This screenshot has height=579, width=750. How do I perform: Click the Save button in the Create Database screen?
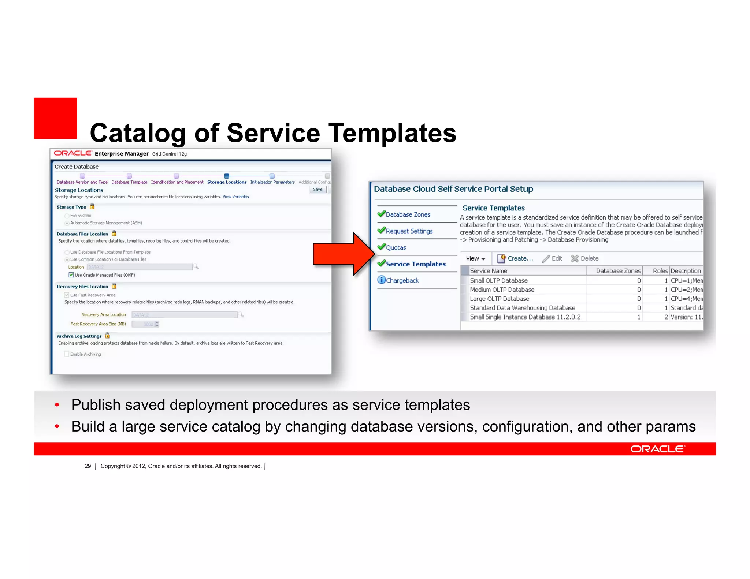(318, 190)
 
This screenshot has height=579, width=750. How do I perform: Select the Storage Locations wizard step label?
(227, 182)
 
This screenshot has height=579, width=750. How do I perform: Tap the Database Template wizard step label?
(129, 182)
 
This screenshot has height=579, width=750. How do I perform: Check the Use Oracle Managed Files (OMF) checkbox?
(71, 275)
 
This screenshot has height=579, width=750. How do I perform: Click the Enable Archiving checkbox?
(67, 354)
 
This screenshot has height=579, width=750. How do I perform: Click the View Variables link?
(236, 197)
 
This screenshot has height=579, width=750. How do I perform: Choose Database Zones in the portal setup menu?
(408, 214)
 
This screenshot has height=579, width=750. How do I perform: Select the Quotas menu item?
(396, 248)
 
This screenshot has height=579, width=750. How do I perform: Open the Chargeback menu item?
(402, 281)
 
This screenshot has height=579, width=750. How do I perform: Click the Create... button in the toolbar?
(515, 258)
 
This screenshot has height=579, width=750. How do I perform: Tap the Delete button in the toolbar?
(585, 258)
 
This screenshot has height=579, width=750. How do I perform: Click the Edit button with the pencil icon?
(552, 258)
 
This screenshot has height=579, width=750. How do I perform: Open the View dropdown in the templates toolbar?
(475, 259)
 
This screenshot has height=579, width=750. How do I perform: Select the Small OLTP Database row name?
(499, 281)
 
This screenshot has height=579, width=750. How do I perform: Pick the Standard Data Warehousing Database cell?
(523, 308)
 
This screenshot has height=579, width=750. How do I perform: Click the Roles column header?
(660, 271)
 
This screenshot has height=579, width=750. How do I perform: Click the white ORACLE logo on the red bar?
(657, 449)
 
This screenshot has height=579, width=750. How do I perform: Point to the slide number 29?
(88, 466)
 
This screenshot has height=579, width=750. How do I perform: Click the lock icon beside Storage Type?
(92, 207)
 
